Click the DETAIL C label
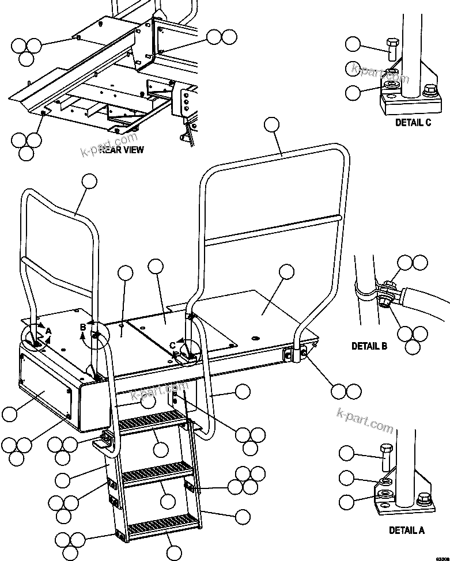tap(413, 123)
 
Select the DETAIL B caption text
tap(369, 346)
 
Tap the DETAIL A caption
tap(406, 530)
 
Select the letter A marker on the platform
tap(49, 331)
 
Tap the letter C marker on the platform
tap(172, 345)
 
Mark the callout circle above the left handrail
tap(89, 181)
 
